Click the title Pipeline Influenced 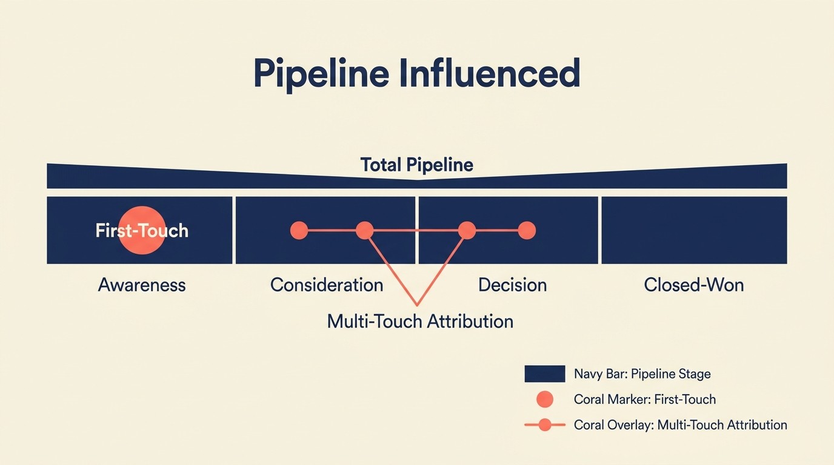coord(416,74)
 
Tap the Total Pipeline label coord(416,165)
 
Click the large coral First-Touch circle coord(141,230)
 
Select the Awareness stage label coord(142,285)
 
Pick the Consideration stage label coord(327,285)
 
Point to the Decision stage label coord(512,285)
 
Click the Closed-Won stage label coord(693,285)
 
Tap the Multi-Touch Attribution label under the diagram coord(420,321)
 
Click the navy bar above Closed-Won coord(694,230)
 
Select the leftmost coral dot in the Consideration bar coord(299,230)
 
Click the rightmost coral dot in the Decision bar coord(527,230)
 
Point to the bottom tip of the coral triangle coord(416,304)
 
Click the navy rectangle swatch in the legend coord(544,374)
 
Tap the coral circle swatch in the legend coord(545,400)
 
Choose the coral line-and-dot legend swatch coord(544,425)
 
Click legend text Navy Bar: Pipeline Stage coord(642,374)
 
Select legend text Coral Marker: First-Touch coord(644,400)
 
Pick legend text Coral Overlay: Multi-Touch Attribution coord(680,425)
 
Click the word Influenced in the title coord(489,74)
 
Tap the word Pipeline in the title coord(321,74)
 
